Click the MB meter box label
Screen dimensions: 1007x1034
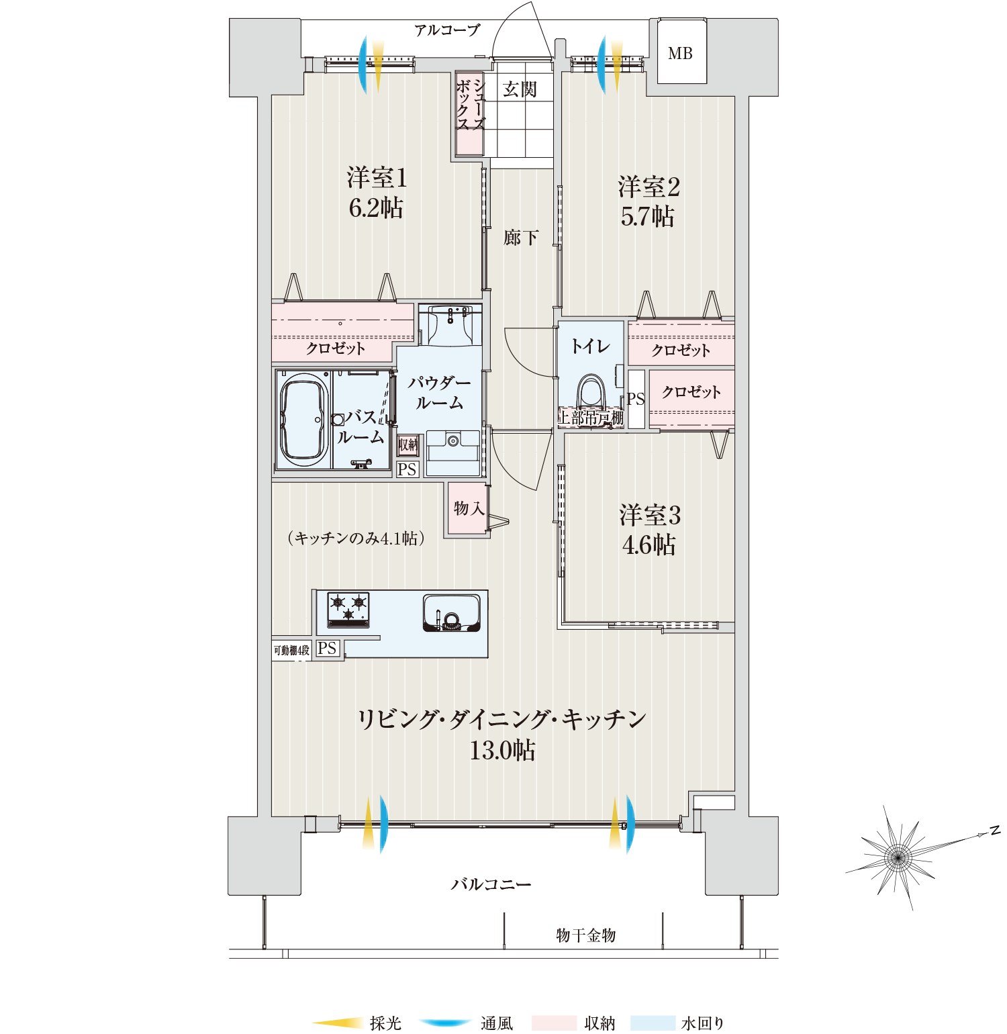680,54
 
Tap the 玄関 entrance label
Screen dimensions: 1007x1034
520,89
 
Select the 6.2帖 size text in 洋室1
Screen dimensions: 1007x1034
376,208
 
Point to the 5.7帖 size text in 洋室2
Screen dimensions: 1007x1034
647,217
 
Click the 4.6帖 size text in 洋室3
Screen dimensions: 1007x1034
649,545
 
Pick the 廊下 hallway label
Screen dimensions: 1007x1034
520,237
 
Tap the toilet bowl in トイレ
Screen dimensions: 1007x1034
592,393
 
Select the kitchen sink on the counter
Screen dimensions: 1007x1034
452,613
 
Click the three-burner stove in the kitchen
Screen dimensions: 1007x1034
348,610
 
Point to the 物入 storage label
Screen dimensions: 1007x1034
469,508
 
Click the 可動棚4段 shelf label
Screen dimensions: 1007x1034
291,650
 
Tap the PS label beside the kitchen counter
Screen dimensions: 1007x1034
327,649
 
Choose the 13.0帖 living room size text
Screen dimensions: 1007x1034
502,750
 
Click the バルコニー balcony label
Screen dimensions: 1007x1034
491,884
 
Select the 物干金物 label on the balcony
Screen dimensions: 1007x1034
585,935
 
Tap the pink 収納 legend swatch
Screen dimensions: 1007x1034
554,1023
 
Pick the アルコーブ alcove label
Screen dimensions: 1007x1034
447,30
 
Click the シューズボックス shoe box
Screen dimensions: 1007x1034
469,113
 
